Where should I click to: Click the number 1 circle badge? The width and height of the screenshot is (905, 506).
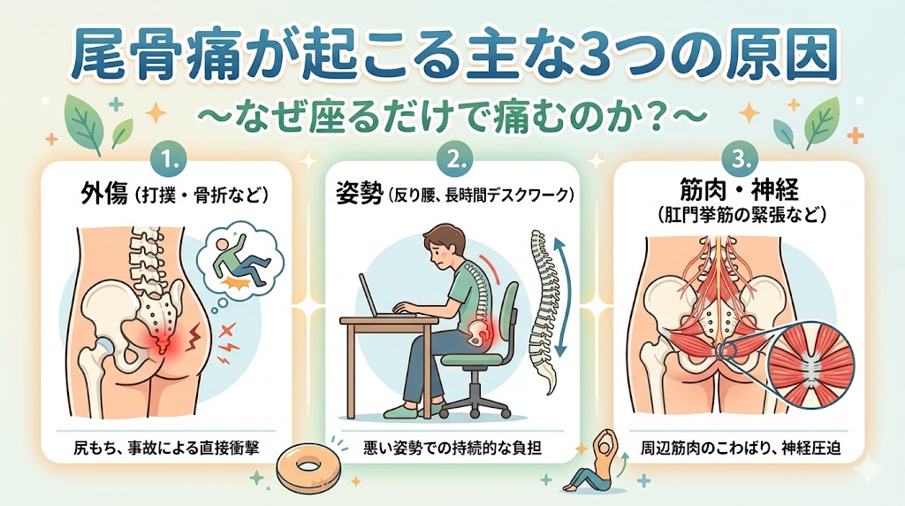tap(168, 159)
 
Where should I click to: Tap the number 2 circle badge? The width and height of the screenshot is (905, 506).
tap(454, 159)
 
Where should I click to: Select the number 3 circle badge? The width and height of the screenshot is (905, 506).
tap(741, 159)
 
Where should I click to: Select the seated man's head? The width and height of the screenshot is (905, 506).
tap(444, 247)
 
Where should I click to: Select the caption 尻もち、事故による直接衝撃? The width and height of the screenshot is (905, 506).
tap(166, 447)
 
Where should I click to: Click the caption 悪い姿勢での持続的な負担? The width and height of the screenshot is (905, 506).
tap(452, 447)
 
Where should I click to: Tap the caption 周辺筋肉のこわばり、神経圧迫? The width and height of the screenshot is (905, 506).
tap(740, 447)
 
